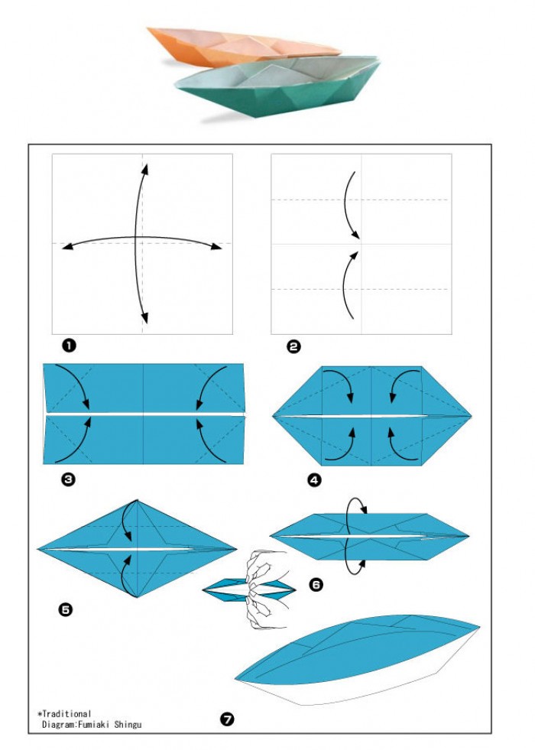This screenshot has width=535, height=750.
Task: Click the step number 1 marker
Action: [69, 346]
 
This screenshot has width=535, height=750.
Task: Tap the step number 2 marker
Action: [293, 346]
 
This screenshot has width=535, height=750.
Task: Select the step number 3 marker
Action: [68, 479]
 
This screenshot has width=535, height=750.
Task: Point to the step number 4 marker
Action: [315, 480]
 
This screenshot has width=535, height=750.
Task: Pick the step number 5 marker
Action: [66, 609]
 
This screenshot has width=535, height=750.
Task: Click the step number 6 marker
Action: [316, 585]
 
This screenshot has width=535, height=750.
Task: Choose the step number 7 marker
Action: [227, 719]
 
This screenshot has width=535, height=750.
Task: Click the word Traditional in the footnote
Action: [66, 713]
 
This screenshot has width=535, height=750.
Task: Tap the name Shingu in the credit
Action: [128, 725]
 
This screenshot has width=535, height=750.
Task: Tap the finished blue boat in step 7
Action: [357, 660]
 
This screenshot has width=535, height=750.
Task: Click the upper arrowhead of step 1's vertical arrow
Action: [144, 169]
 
